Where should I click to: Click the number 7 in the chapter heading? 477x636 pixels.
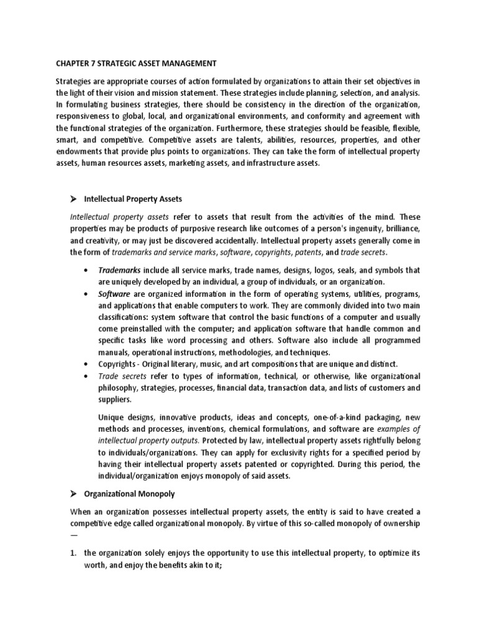click(89, 63)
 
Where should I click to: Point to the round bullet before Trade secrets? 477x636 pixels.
click(84, 376)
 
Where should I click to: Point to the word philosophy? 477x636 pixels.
click(120, 388)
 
